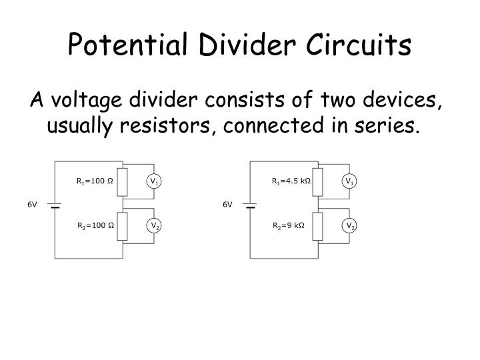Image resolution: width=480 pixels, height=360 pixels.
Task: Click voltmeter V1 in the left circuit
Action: pos(153,181)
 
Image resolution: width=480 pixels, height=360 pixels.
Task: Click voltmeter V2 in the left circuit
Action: pos(153,227)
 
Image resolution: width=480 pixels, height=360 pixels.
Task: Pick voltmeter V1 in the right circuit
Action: pos(349,181)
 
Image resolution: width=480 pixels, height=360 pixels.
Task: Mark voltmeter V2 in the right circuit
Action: pos(349,227)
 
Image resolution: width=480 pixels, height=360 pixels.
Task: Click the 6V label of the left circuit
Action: pos(32,205)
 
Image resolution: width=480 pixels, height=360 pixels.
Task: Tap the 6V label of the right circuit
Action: pos(228,205)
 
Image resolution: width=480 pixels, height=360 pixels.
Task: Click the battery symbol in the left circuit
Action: pos(55,205)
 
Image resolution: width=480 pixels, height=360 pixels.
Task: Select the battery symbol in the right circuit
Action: pos(250,205)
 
